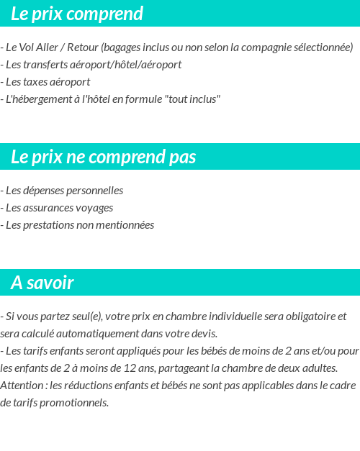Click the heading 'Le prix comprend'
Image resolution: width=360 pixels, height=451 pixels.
coord(77,14)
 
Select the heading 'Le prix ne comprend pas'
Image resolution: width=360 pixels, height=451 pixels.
coord(103,157)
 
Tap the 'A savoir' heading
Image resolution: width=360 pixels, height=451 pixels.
coord(42,283)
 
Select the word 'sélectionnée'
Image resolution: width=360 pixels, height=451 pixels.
coord(318,47)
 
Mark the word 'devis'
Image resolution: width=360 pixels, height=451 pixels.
coord(202,334)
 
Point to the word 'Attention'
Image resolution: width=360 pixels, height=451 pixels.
coord(22,386)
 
